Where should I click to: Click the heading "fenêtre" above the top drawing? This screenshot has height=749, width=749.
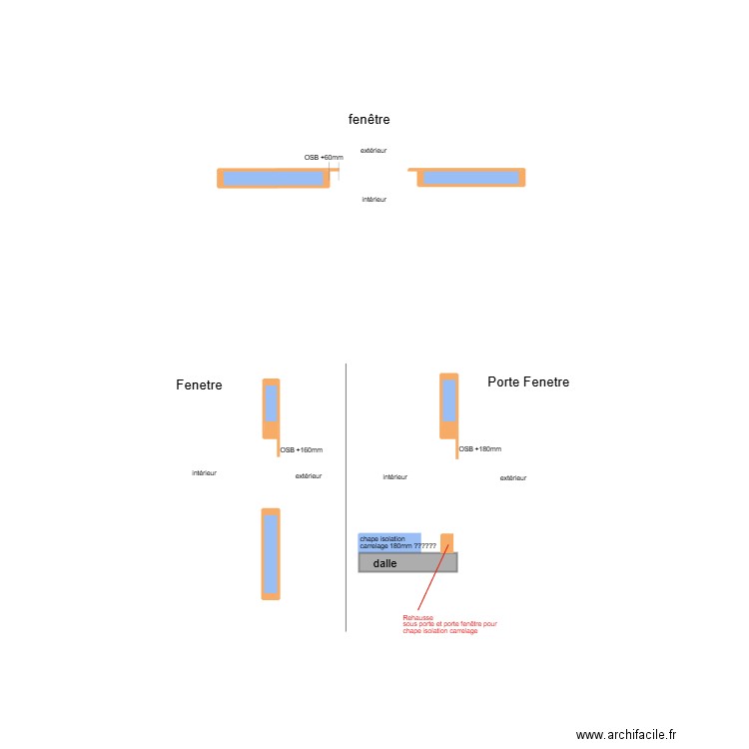369,119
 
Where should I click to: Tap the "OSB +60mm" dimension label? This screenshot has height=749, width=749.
324,157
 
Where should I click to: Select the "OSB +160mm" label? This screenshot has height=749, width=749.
301,450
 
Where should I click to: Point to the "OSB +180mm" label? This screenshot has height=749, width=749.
480,449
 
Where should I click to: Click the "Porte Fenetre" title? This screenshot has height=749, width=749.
528,381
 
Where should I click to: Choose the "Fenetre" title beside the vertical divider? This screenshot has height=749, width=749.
199,384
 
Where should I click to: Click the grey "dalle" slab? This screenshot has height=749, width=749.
407,562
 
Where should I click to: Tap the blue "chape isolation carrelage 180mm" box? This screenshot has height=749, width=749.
389,542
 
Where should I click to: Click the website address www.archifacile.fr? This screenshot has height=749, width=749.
626,734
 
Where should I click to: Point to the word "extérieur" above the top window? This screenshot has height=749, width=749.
374,151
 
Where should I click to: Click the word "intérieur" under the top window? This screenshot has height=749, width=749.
374,199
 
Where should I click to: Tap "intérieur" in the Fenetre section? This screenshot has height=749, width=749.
204,473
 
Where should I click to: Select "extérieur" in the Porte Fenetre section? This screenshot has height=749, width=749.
513,477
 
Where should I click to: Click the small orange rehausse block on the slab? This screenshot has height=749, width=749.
446,543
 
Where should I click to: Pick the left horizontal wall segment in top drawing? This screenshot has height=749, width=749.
274,178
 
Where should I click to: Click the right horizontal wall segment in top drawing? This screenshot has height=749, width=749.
471,177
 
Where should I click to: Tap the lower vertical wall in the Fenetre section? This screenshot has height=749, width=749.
271,554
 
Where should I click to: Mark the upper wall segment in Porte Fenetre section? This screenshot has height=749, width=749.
449,406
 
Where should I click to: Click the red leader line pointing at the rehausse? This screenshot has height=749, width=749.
433,577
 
